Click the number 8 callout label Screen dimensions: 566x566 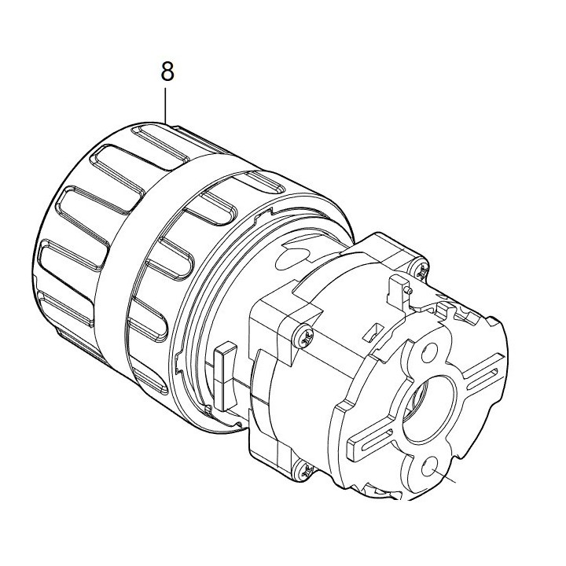point(167,72)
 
